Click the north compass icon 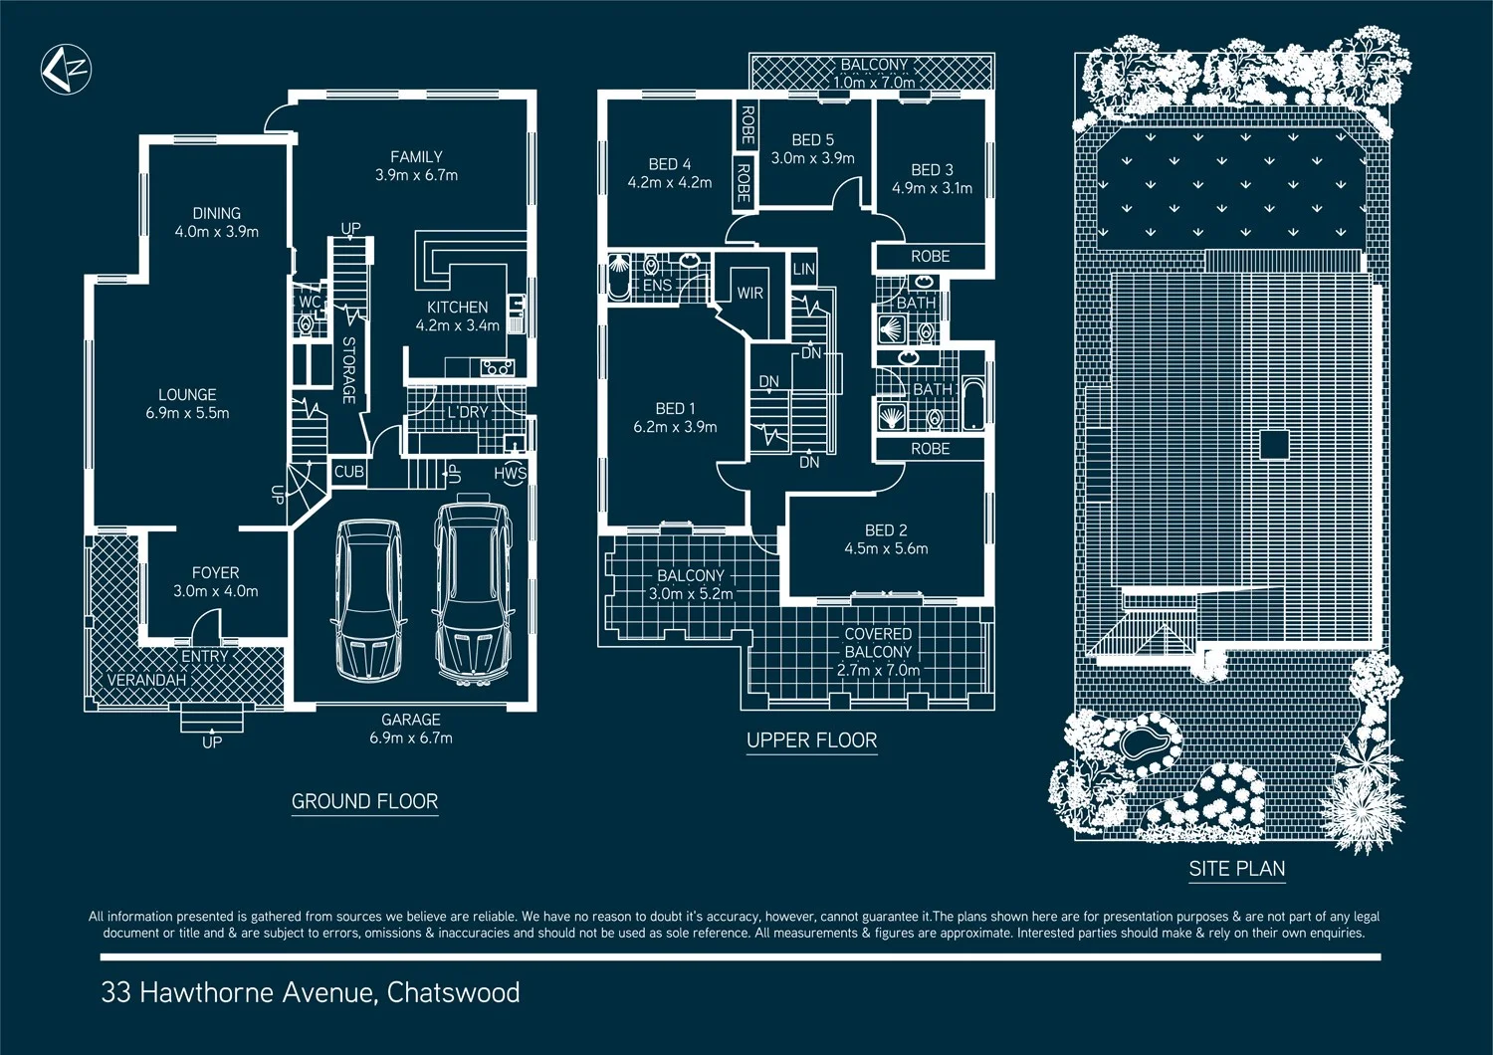point(66,70)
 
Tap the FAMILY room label point(416,157)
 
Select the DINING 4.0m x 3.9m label point(216,222)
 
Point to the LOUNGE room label point(187,395)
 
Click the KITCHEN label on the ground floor point(457,308)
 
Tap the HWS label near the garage point(510,474)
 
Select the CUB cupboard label point(348,472)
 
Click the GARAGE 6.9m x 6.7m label point(410,729)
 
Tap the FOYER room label point(215,573)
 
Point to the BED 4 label point(669,164)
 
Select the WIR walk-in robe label point(749,294)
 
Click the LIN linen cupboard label point(803,269)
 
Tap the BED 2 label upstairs point(885,530)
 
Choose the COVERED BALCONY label point(877,643)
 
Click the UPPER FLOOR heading point(811,740)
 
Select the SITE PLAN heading point(1236,869)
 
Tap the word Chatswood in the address point(453,992)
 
